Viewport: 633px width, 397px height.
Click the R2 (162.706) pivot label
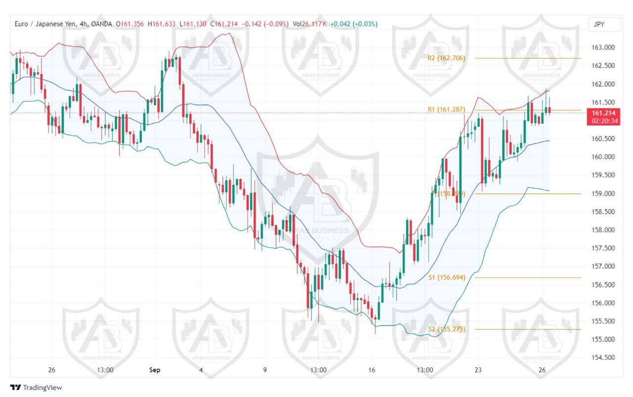(x=446, y=58)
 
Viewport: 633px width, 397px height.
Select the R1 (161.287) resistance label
(x=446, y=109)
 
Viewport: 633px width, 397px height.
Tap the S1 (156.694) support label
(x=447, y=278)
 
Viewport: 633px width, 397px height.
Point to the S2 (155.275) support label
(x=447, y=329)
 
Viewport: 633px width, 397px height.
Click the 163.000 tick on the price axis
(x=603, y=47)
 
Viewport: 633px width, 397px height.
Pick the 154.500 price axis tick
(x=603, y=357)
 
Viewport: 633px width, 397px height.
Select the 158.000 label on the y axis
(x=603, y=230)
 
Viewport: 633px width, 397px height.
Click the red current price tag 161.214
(x=603, y=113)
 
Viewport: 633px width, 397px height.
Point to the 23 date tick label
(x=478, y=370)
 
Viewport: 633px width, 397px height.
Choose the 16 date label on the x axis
(x=372, y=370)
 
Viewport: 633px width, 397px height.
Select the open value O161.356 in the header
(x=131, y=24)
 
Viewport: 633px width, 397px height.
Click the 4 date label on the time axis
(x=201, y=370)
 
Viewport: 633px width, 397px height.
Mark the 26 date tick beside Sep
(x=52, y=370)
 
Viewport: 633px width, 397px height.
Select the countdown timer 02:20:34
(x=603, y=121)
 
